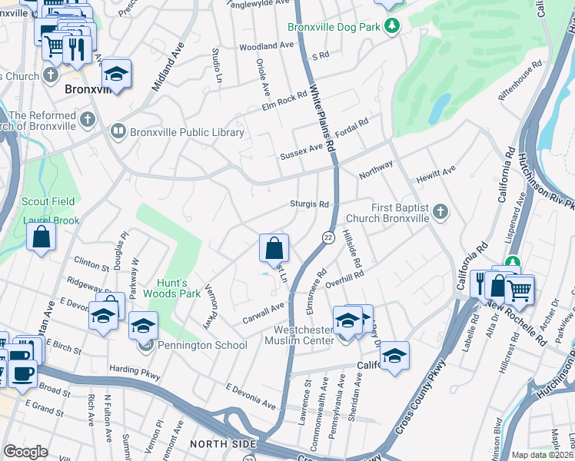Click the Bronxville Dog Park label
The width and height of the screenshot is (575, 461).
[335, 27]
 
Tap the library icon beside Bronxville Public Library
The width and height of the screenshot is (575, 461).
[118, 132]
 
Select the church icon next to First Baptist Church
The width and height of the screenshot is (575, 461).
[440, 211]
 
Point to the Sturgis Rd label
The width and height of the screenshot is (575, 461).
[310, 205]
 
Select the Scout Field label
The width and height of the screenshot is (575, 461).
[48, 201]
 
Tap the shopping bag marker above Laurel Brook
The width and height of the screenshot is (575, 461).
[41, 237]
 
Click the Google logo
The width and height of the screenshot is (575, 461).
[25, 451]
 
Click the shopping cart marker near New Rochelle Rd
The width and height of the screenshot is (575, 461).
[520, 290]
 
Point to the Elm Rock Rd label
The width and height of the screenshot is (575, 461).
[285, 99]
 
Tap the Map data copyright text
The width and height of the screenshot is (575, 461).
[543, 455]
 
